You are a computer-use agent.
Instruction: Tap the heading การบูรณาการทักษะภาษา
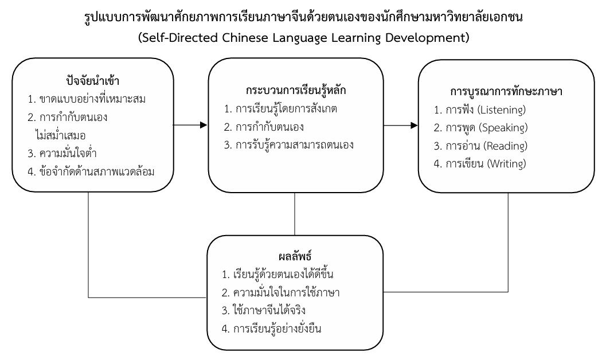click(506, 92)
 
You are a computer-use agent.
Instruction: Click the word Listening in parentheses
click(502, 109)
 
